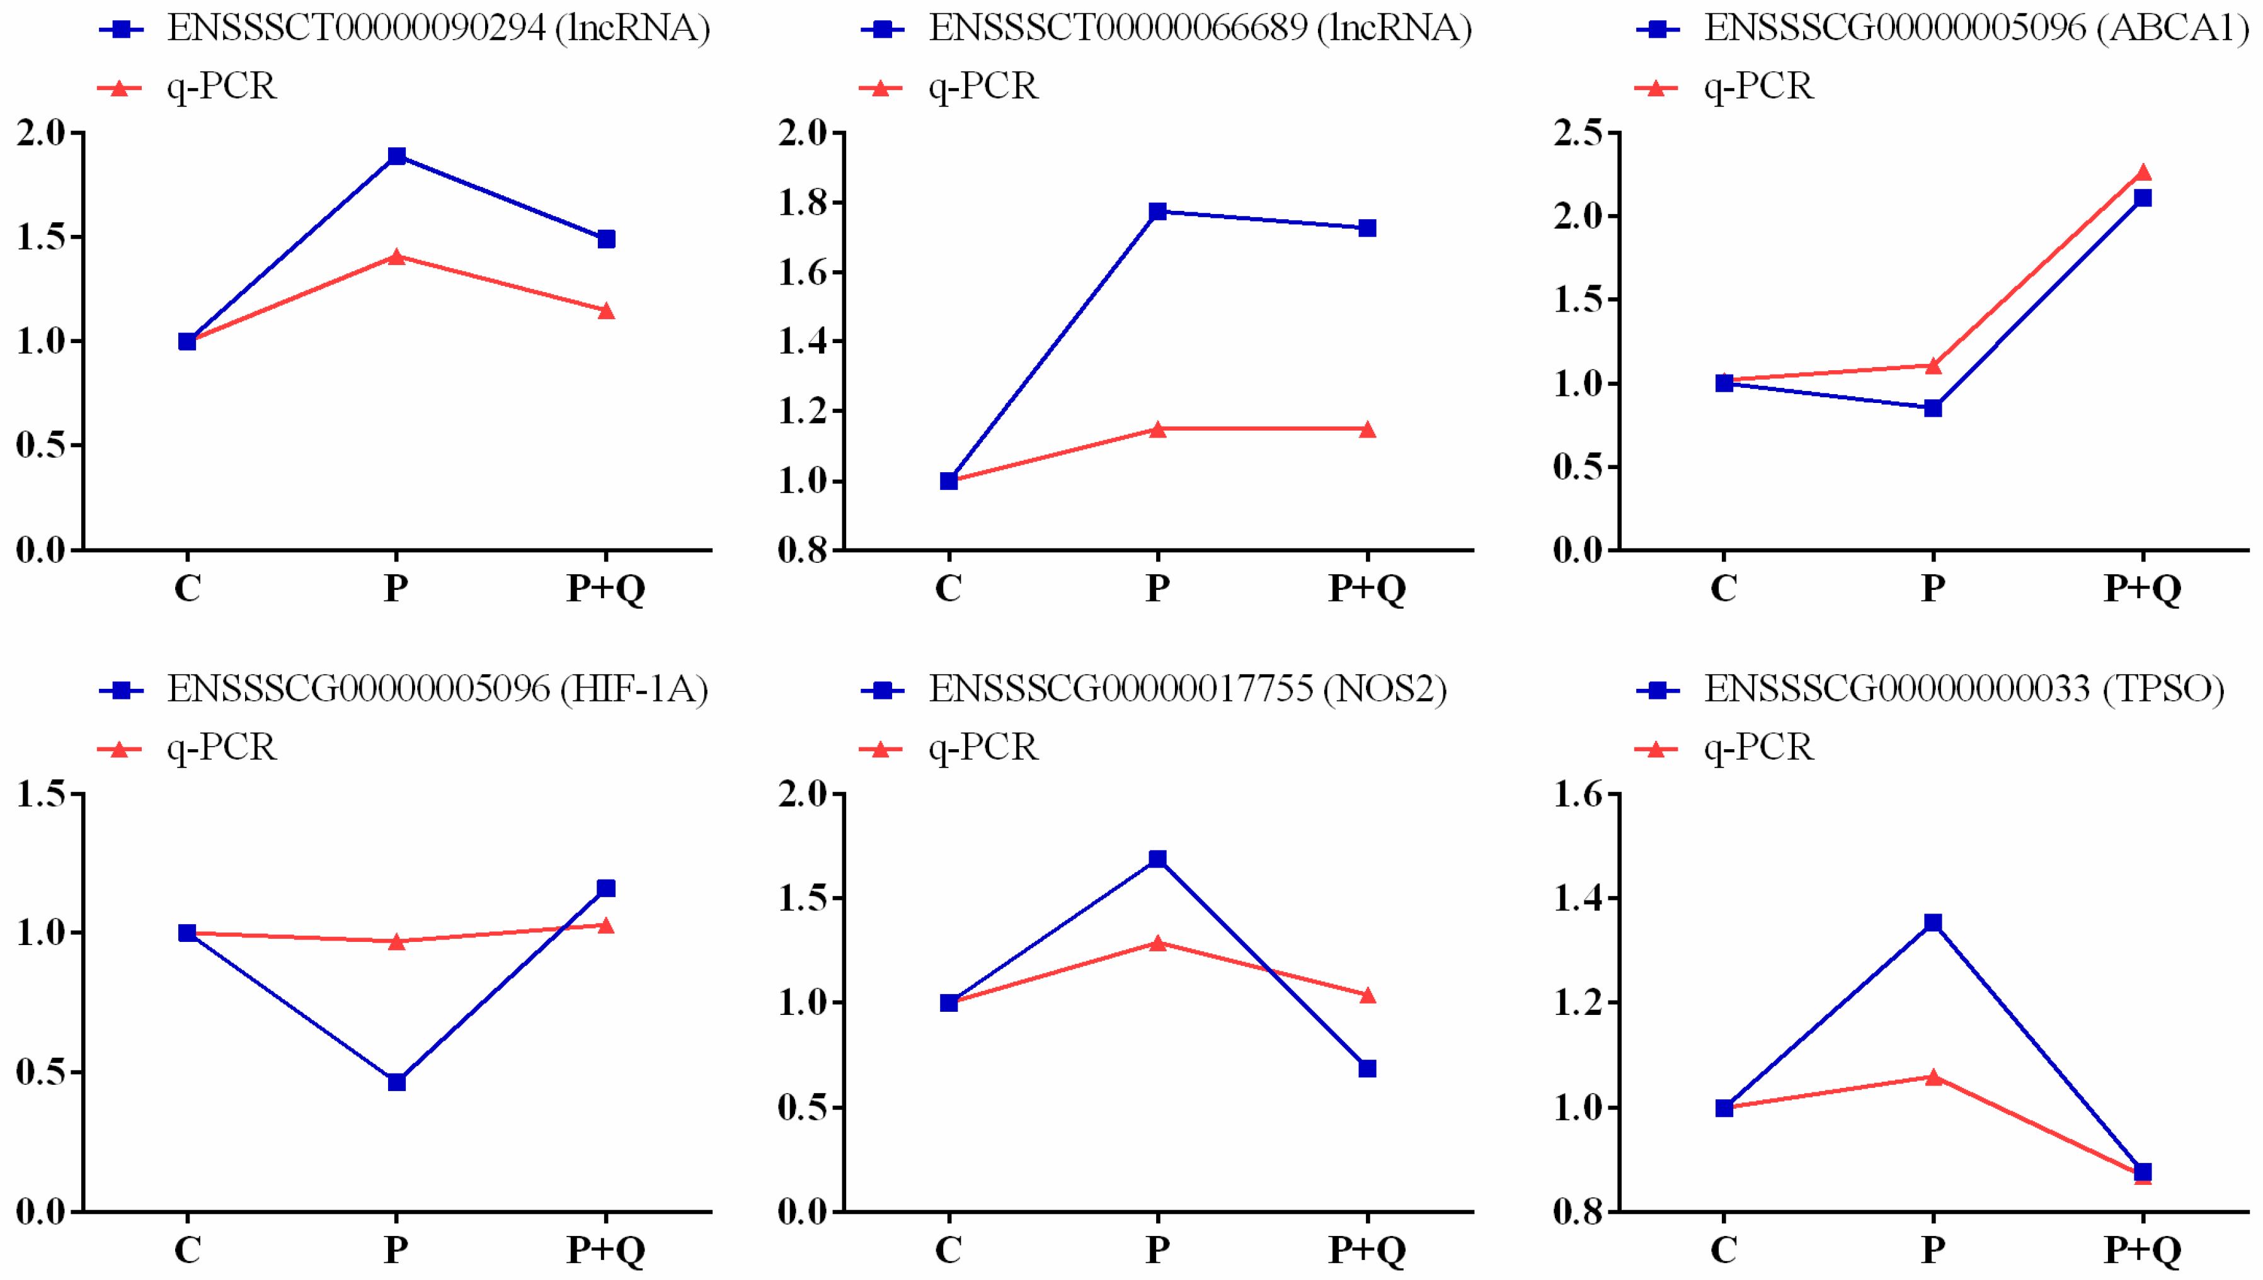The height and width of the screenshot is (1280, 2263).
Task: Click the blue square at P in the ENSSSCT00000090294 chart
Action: (397, 157)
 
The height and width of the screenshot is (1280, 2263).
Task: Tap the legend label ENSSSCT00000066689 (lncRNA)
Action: (1200, 29)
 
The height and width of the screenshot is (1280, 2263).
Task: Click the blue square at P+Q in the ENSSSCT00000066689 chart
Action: (1366, 229)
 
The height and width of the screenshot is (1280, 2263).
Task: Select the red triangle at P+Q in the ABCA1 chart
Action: (2143, 173)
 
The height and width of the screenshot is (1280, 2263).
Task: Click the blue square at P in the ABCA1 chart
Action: (1933, 408)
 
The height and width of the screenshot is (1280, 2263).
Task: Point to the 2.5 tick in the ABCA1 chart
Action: (1579, 133)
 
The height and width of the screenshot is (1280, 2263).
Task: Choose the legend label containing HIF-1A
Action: (437, 689)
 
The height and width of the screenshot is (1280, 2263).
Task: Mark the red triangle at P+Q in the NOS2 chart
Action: (1366, 996)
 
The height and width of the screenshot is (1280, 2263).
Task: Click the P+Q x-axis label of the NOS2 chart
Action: (1366, 1249)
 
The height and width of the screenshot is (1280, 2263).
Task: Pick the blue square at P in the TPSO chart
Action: (1933, 923)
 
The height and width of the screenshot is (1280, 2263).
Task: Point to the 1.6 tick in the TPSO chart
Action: (1579, 795)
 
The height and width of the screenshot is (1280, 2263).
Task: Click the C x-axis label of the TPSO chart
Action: (1724, 1249)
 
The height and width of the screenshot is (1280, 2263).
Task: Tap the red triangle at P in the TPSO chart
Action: (1933, 1077)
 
